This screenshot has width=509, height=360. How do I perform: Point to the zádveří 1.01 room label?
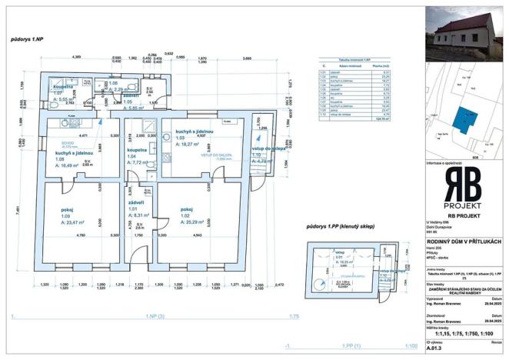(x=127, y=203)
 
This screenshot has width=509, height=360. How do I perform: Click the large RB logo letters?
(x=464, y=186)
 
